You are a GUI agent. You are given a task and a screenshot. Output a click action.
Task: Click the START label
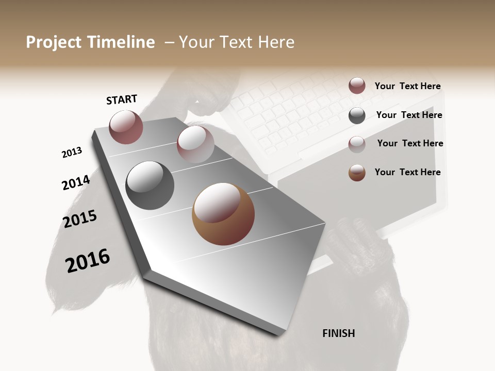click(x=122, y=99)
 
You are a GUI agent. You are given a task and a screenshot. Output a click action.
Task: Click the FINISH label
click(x=338, y=333)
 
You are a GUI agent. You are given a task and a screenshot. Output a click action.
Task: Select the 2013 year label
click(x=72, y=153)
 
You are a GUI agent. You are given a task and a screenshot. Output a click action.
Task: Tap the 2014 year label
click(x=76, y=182)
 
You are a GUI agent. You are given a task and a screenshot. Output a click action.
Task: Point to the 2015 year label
click(x=80, y=219)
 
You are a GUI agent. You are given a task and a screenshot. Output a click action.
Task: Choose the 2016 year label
click(x=88, y=261)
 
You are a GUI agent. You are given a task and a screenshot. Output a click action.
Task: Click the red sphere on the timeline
click(x=126, y=127)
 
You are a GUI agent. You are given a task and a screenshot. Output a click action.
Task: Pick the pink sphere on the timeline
click(x=195, y=144)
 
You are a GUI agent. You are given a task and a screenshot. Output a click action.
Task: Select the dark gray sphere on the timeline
click(x=150, y=185)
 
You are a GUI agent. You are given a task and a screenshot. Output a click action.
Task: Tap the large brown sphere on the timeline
click(x=223, y=214)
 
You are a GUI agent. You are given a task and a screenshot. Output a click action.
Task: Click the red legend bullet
click(x=357, y=86)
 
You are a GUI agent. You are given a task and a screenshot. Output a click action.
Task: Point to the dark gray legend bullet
click(x=357, y=115)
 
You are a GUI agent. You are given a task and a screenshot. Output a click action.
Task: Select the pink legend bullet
click(x=357, y=144)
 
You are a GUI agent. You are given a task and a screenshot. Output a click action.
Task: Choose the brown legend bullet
click(x=357, y=173)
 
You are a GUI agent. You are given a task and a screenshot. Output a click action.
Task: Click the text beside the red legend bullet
click(x=407, y=86)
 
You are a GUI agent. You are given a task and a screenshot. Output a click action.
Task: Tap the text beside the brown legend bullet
click(x=407, y=172)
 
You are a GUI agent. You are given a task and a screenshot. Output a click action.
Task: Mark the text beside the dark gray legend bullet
click(x=409, y=115)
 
